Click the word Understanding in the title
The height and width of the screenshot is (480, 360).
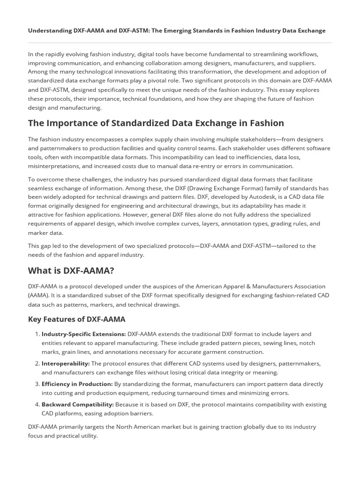pyautogui.click(x=49, y=30)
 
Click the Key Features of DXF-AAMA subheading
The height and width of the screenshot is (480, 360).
pyautogui.click(x=76, y=319)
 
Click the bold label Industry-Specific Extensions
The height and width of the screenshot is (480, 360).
pyautogui.click(x=83, y=334)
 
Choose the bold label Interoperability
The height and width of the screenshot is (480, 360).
pyautogui.click(x=66, y=364)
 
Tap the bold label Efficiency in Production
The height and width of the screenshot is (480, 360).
pyautogui.click(x=77, y=384)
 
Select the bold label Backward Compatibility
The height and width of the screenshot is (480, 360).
pyautogui.click(x=77, y=405)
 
